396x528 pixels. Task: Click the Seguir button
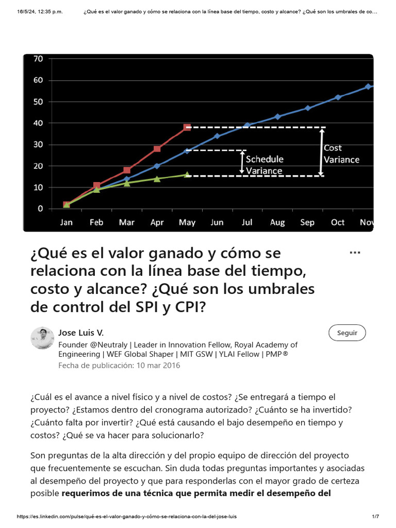click(x=347, y=333)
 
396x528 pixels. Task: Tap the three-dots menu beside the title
click(x=355, y=253)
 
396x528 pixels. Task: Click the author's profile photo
click(x=42, y=338)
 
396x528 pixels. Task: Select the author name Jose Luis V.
click(x=81, y=333)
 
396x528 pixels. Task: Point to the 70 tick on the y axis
click(x=38, y=59)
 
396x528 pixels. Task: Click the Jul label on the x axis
click(x=247, y=222)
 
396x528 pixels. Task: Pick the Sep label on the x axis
click(x=307, y=222)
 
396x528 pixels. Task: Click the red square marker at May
click(x=187, y=127)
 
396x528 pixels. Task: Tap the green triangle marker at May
click(x=187, y=175)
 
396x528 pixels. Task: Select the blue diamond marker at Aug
click(x=277, y=117)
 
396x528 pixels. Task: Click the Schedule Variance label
click(x=264, y=164)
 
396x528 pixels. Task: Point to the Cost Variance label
click(x=341, y=154)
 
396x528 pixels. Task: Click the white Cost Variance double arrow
click(x=321, y=152)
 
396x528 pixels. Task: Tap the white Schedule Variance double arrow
click(x=242, y=162)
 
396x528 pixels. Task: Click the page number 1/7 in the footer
click(x=375, y=516)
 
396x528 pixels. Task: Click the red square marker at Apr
click(x=157, y=148)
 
